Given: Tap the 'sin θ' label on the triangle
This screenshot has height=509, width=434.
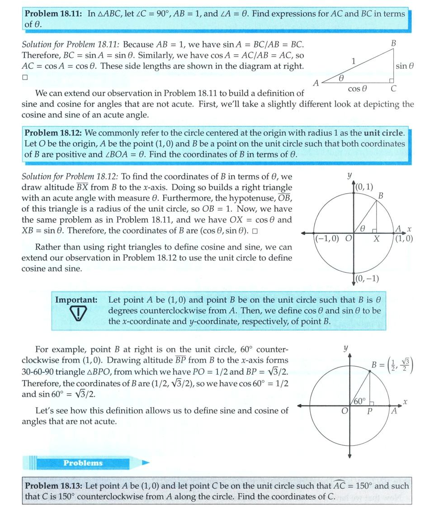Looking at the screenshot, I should (x=405, y=66).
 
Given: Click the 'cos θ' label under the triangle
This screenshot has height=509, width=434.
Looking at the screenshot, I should (x=357, y=89).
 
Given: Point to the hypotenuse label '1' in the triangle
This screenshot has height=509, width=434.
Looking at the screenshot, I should (x=353, y=61).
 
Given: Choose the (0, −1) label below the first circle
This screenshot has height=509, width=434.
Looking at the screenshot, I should (x=367, y=278).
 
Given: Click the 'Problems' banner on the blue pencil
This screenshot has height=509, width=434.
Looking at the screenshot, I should (x=83, y=463).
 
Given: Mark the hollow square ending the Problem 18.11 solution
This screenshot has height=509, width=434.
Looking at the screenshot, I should (x=25, y=77).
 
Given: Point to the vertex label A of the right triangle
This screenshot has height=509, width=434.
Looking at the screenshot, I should (x=316, y=83).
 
